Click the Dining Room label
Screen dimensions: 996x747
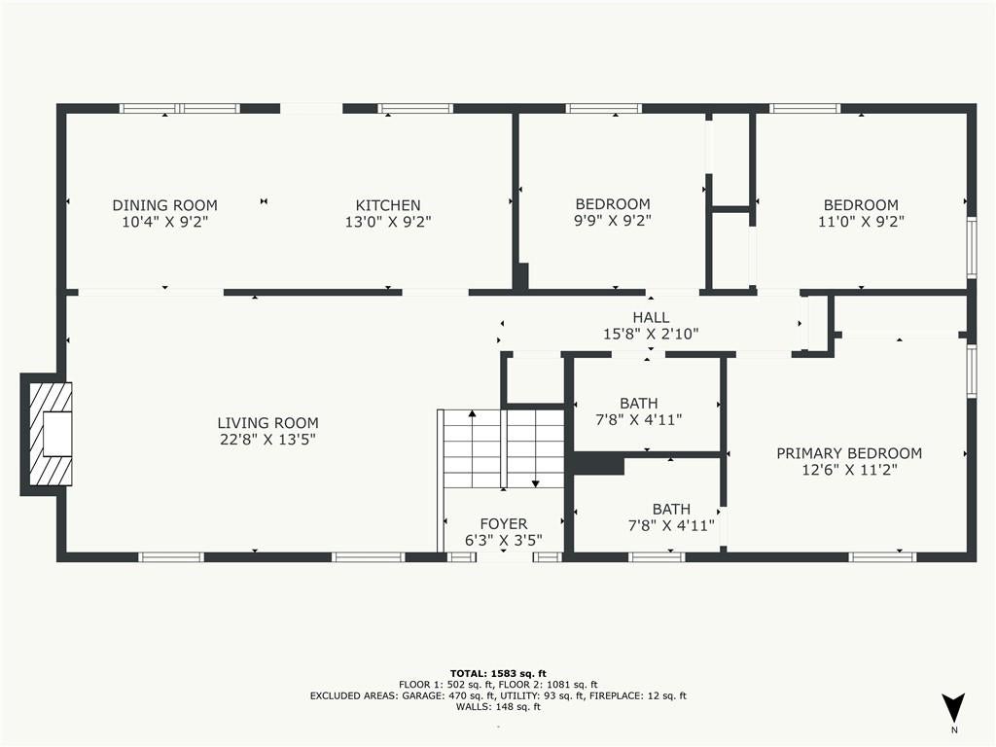coord(165,205)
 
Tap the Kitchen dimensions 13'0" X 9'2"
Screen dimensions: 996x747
coord(388,222)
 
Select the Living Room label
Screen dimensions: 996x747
coord(268,422)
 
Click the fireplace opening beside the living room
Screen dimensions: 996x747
coord(57,434)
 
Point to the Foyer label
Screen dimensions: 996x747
coord(504,523)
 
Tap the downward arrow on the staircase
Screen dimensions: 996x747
coord(536,448)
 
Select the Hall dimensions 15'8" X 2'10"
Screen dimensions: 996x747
coord(651,334)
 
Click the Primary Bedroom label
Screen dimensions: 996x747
coord(849,453)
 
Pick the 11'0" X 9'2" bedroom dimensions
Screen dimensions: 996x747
coord(862,221)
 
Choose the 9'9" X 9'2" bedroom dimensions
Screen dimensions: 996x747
coord(613,221)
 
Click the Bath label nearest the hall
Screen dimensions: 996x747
coord(639,404)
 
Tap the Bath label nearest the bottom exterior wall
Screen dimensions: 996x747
coord(671,509)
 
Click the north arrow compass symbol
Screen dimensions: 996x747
coord(953,707)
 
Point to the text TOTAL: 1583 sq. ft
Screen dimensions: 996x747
coord(498,673)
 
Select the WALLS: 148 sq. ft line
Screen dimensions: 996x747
coord(498,706)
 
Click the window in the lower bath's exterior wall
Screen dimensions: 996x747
coord(657,557)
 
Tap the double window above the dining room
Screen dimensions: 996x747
coord(180,109)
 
